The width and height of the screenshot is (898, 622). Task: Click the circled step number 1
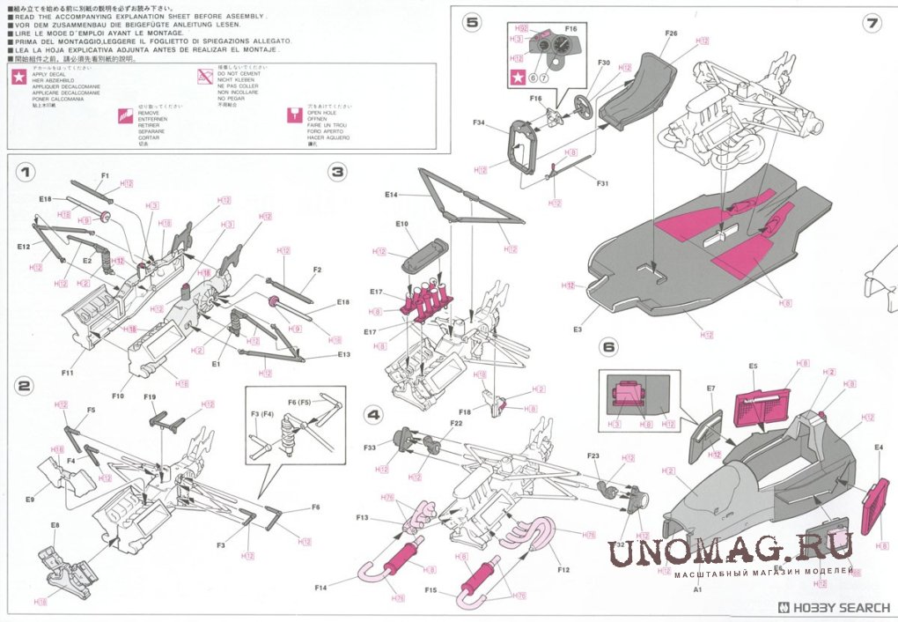pyautogui.click(x=26, y=173)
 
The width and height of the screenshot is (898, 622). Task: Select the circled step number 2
pyautogui.click(x=26, y=386)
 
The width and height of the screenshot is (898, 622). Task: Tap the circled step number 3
pyautogui.click(x=337, y=173)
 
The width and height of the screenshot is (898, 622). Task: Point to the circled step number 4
pyautogui.click(x=373, y=414)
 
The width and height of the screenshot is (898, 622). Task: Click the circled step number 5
pyautogui.click(x=473, y=23)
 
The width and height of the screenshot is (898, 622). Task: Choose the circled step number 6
pyautogui.click(x=608, y=347)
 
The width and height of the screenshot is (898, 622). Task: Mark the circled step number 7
pyautogui.click(x=872, y=23)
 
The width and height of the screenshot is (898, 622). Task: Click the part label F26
pyautogui.click(x=671, y=33)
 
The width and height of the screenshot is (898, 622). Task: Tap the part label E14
pyautogui.click(x=392, y=194)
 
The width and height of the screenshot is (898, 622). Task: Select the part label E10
pyautogui.click(x=401, y=225)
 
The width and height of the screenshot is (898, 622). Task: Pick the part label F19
pyautogui.click(x=150, y=397)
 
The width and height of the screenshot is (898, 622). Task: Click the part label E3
pyautogui.click(x=578, y=330)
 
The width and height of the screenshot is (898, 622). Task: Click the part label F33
pyautogui.click(x=370, y=448)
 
